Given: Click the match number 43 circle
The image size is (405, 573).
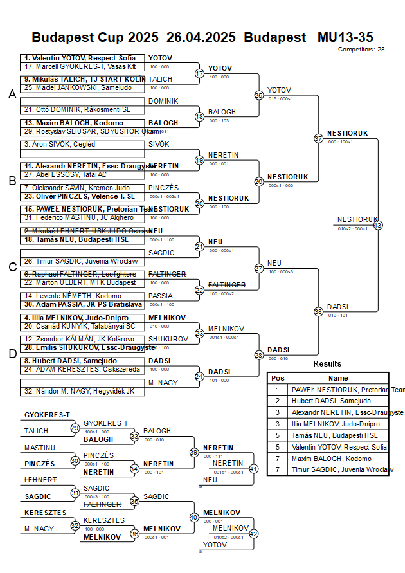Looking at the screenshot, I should pos(377,225).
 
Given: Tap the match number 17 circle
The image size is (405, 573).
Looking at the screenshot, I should pos(199,73).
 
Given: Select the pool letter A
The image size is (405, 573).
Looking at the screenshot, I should pos(12,95).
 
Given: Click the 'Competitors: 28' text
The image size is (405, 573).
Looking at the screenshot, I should pos(362,49).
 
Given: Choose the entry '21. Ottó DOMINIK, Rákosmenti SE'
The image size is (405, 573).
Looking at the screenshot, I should pos(77,109).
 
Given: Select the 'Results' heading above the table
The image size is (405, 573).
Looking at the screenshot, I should pos(327,364).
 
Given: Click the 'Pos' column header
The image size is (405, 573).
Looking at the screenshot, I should pos(278,378).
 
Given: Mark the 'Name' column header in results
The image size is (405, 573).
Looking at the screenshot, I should pos(338,378).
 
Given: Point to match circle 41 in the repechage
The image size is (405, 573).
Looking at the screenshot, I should pos(253,469).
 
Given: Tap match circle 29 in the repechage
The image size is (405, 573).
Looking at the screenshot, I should pos(75,428).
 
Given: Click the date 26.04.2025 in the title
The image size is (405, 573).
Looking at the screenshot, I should pos(201,37).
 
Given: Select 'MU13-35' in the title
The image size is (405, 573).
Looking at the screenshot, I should pos(345,37).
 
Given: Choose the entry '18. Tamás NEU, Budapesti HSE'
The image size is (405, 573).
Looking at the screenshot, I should pos(76,239).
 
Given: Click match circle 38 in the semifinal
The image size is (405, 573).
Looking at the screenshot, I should pos(318,311).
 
